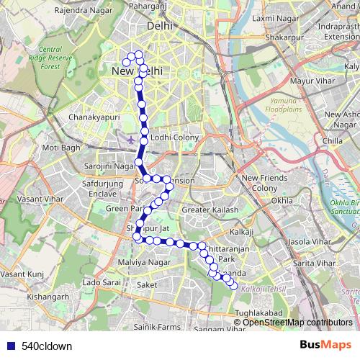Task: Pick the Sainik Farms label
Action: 161,327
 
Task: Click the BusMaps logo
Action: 325,345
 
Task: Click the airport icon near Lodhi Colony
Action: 130,138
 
